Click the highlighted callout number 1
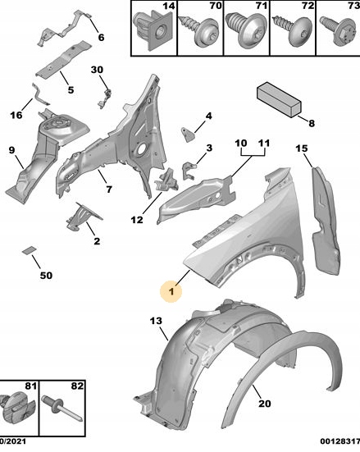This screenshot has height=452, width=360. point(171,291)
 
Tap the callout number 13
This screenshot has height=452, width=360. point(156,321)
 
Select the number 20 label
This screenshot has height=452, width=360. point(265,404)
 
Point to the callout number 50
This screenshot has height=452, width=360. point(46,276)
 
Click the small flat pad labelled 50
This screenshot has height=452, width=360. point(29,250)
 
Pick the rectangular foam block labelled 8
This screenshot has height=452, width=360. point(279,99)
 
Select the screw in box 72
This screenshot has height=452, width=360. point(293,32)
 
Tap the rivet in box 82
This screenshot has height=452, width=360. point(62,409)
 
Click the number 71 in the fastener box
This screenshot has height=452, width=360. point(262,6)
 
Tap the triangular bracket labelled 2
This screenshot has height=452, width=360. point(83,216)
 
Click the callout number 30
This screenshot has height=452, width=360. point(97,70)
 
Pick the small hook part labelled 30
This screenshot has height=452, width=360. point(105,98)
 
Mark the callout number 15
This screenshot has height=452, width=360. point(302,148)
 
